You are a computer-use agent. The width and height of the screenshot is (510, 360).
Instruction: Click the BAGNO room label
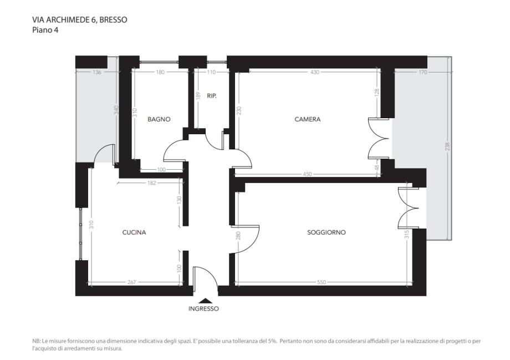point(159,119)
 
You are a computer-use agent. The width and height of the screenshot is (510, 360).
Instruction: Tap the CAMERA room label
point(307,119)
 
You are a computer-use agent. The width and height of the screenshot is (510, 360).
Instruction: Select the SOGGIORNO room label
point(326,232)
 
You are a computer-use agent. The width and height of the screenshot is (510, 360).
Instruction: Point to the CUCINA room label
point(134,232)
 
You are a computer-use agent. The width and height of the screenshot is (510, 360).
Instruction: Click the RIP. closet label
point(212,96)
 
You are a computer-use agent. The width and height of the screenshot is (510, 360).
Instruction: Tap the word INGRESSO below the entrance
point(203,308)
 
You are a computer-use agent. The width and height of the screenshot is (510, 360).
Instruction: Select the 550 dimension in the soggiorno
point(322,282)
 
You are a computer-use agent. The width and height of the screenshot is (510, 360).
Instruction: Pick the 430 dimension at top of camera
point(315,72)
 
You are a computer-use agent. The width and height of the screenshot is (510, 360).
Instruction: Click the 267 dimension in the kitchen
point(131,282)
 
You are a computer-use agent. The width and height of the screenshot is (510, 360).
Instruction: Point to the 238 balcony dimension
point(447,146)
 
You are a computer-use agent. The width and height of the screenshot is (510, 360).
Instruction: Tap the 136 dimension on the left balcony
point(97,72)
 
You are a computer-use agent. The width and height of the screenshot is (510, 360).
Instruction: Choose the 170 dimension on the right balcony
point(422,72)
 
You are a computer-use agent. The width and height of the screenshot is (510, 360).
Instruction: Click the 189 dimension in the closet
point(198,96)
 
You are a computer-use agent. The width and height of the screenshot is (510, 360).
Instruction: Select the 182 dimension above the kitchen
point(151,183)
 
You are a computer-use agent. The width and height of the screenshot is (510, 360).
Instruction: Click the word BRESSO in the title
point(113,20)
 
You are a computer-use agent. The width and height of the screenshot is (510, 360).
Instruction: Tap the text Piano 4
point(45,30)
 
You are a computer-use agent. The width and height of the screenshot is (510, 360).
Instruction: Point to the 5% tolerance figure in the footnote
point(273,341)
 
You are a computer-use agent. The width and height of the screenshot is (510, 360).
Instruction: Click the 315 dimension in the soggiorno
point(406,234)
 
